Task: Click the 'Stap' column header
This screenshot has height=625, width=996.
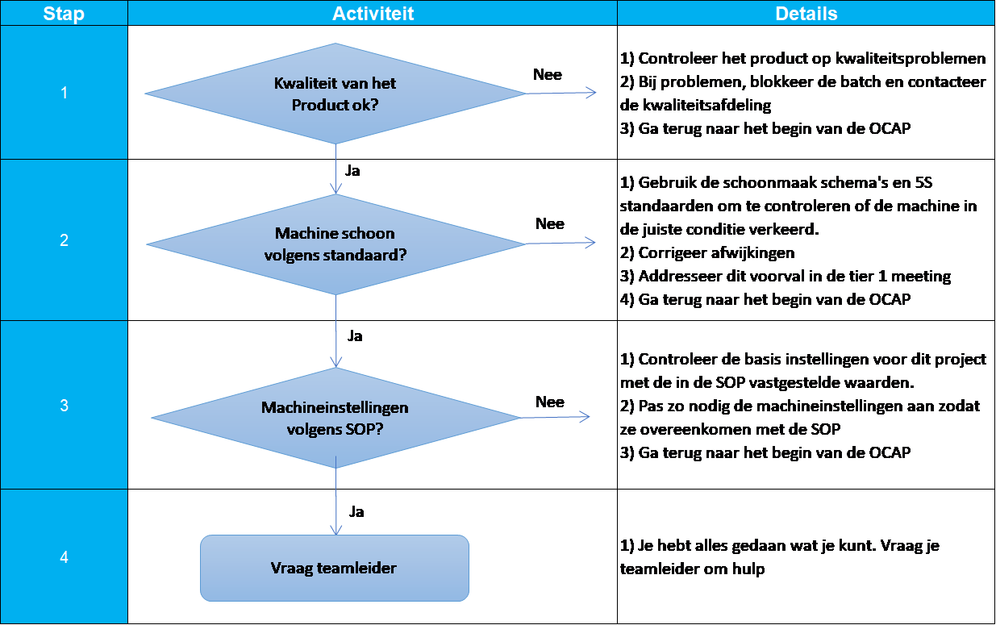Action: [x=64, y=14]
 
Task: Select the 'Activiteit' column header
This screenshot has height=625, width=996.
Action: [x=373, y=14]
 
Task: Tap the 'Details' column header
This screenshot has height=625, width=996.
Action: [x=806, y=14]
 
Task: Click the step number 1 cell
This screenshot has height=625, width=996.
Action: [x=64, y=93]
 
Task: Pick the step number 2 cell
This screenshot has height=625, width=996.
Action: [x=64, y=240]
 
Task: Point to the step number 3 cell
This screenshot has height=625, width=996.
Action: [x=64, y=406]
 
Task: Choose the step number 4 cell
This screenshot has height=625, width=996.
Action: [x=64, y=556]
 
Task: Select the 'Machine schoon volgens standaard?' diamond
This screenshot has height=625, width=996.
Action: [x=335, y=244]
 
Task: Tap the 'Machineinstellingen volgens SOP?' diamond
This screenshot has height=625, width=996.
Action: [x=335, y=418]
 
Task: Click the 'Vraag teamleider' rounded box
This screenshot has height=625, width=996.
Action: [x=335, y=568]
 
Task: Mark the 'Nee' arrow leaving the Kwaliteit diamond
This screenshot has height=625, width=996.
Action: [x=560, y=93]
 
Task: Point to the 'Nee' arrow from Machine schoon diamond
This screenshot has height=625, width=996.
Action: [x=560, y=242]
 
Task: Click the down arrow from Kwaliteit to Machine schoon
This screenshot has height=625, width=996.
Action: [x=335, y=169]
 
